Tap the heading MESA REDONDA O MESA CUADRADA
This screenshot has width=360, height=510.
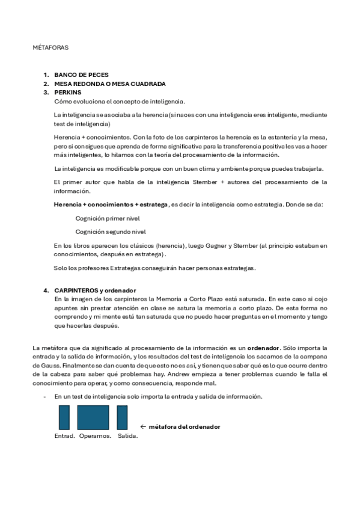point(109,84)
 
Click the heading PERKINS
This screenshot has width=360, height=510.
point(67,93)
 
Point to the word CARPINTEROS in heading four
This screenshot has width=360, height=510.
point(76,290)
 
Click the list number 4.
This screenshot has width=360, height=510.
point(45,290)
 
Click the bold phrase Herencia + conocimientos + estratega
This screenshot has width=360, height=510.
point(111,204)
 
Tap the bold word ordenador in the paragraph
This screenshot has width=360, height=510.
point(263,348)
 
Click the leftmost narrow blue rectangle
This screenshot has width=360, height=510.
point(64,417)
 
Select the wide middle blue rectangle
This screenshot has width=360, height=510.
point(93,417)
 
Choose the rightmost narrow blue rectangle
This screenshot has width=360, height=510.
point(122,417)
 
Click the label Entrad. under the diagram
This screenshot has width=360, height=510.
point(64,435)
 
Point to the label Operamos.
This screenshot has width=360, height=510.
point(95,435)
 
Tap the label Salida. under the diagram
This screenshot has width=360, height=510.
point(127,435)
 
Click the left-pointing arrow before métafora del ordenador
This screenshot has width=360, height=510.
point(143,426)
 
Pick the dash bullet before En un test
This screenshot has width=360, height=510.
point(45,397)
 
